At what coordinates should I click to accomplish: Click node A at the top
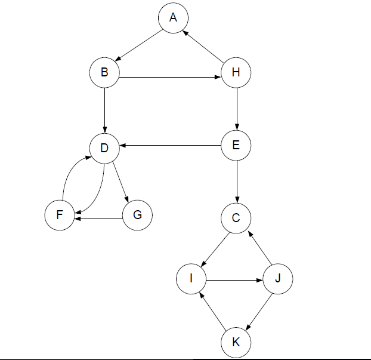(x=173, y=18)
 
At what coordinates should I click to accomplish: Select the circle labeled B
(x=104, y=72)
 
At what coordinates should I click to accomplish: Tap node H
(x=236, y=72)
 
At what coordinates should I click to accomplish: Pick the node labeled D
(x=104, y=148)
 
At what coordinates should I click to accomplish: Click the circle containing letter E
(x=236, y=145)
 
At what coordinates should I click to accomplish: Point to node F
(x=60, y=215)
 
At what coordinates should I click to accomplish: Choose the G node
(x=137, y=215)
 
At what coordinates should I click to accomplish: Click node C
(x=236, y=218)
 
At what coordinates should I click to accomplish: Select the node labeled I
(x=191, y=279)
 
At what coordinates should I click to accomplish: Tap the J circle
(x=278, y=279)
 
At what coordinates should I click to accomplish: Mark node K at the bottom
(x=236, y=343)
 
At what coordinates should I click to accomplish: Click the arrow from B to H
(x=170, y=77)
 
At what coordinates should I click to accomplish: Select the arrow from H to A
(x=204, y=47)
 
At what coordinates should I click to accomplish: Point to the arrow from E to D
(x=171, y=146)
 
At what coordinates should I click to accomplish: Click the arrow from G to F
(x=98, y=219)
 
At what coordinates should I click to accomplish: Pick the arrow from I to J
(x=234, y=281)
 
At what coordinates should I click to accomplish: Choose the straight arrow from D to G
(x=120, y=182)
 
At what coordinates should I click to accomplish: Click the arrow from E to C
(x=237, y=181)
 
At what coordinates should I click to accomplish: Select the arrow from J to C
(x=259, y=248)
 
